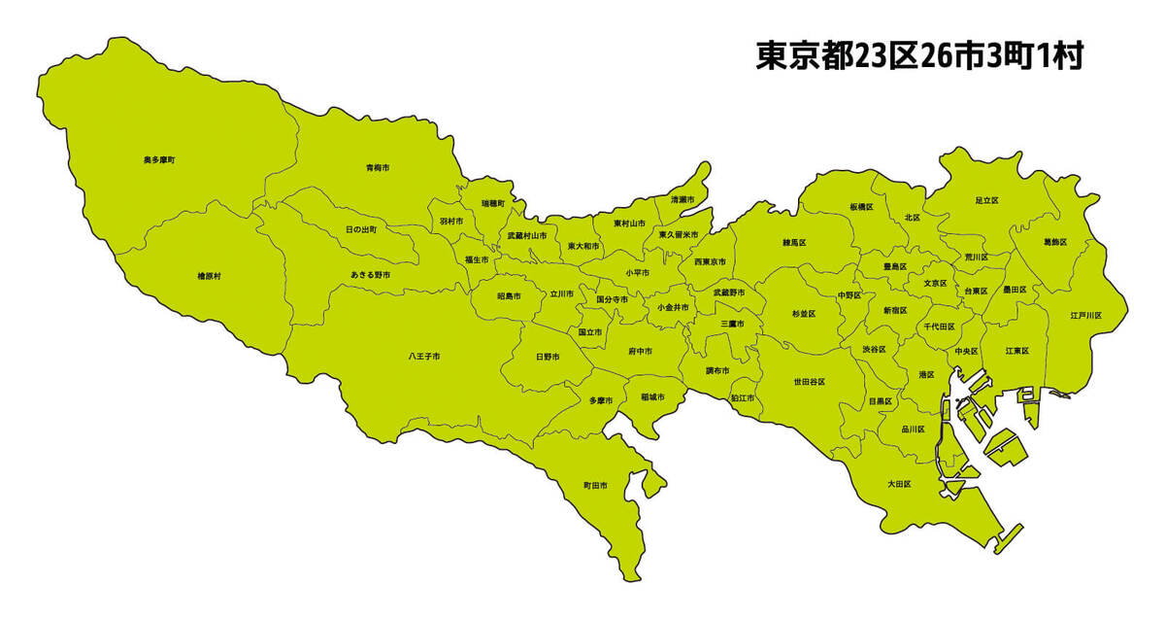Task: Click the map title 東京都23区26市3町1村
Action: (918, 56)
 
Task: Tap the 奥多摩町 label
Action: (159, 158)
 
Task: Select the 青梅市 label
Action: (378, 168)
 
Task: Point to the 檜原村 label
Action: (209, 276)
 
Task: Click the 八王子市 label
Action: (424, 357)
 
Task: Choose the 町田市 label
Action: (595, 485)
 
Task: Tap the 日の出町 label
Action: (361, 229)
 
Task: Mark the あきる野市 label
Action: (371, 275)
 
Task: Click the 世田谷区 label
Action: (809, 382)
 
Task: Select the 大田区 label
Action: (898, 483)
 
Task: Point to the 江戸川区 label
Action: (1085, 315)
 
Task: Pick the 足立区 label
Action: (986, 199)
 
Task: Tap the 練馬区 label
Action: (795, 241)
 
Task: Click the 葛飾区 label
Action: (1055, 241)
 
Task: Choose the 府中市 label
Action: (640, 350)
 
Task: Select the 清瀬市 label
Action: (682, 199)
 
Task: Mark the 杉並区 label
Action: (804, 314)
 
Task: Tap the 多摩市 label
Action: (600, 400)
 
